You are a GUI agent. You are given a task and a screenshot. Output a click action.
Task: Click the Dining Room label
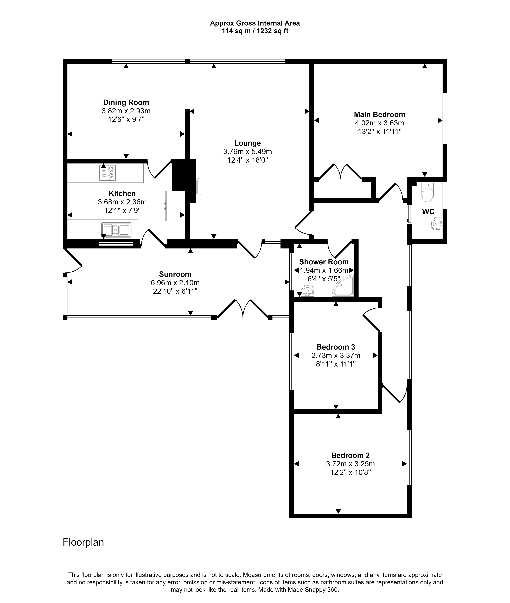tap(126, 102)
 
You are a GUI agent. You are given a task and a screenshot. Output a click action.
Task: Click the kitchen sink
tap(116, 229)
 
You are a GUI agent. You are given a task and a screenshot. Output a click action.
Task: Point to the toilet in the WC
tap(428, 192)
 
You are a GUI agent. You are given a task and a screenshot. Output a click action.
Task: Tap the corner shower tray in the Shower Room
tap(343, 286)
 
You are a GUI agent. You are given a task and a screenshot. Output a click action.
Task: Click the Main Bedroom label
tap(380, 115)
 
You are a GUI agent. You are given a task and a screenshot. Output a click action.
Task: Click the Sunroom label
tap(175, 274)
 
